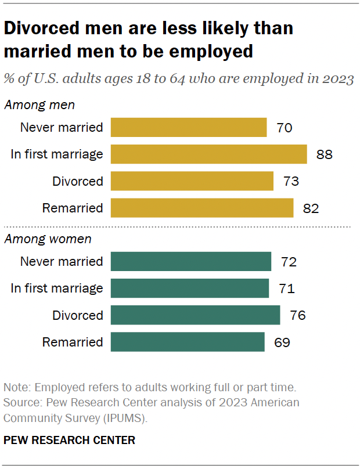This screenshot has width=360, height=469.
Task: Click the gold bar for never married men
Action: pyautogui.click(x=188, y=128)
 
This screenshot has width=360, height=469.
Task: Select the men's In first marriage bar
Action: pyautogui.click(x=208, y=154)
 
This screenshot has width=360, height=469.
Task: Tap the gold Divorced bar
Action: pyautogui.click(x=192, y=181)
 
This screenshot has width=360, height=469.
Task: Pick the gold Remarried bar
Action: pyautogui.click(x=201, y=208)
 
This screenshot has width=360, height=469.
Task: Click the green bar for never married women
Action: pyautogui.click(x=190, y=262)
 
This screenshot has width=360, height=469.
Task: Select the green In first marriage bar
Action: pyautogui.click(x=189, y=288)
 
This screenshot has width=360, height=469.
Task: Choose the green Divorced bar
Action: pyautogui.click(x=195, y=315)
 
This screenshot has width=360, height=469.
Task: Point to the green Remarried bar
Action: pyautogui.click(x=187, y=342)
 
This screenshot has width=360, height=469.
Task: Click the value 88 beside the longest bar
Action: pyautogui.click(x=324, y=154)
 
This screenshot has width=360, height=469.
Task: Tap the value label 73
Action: pyautogui.click(x=291, y=181)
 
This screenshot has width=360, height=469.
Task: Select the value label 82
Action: pyautogui.click(x=311, y=208)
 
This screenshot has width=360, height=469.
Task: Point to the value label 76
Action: pyautogui.click(x=298, y=315)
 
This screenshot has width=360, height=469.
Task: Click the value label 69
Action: pyautogui.click(x=282, y=342)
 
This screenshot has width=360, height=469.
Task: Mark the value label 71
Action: pyautogui.click(x=287, y=288)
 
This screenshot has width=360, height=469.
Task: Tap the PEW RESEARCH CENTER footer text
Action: pyautogui.click(x=70, y=441)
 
